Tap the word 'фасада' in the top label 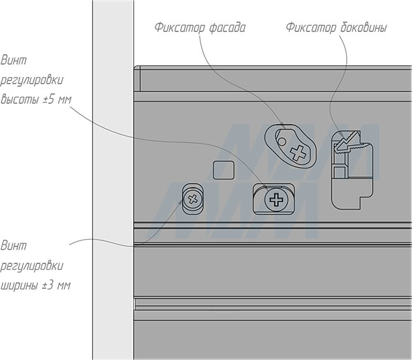(x=227, y=28)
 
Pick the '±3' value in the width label (x=48, y=286)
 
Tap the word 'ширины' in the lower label (x=20, y=286)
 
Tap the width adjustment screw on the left (x=193, y=198)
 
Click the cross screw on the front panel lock (x=298, y=154)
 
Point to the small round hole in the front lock (x=281, y=140)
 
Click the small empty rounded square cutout (x=223, y=170)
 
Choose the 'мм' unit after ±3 (x=63, y=286)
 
